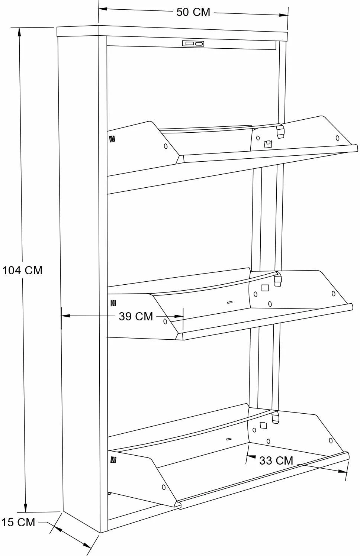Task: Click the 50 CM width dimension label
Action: tap(193, 12)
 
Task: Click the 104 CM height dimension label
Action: tap(22, 270)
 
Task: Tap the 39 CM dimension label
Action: tap(136, 317)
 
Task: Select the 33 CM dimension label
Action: tap(276, 461)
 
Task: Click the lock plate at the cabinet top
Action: tap(193, 44)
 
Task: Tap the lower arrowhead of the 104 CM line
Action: tap(25, 507)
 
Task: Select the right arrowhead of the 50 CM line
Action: tap(283, 15)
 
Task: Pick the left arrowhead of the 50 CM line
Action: tap(103, 9)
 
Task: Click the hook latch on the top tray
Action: tap(280, 131)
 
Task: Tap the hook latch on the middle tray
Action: tap(277, 279)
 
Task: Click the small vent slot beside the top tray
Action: tap(112, 139)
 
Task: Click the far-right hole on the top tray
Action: tap(337, 138)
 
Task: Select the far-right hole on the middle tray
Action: tap(334, 294)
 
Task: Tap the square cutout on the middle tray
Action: tap(265, 288)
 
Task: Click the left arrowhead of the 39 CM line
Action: tap(65, 316)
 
